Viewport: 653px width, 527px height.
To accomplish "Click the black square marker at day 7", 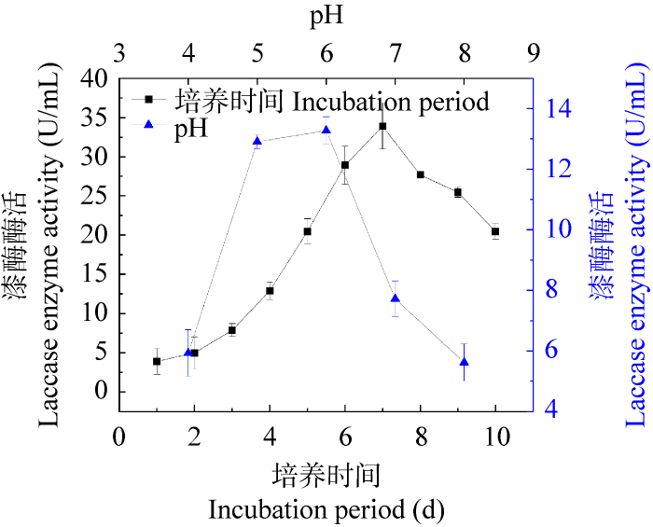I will coord(382,126).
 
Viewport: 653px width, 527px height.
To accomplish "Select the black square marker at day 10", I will coord(495,231).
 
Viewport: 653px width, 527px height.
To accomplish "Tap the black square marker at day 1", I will coord(157,361).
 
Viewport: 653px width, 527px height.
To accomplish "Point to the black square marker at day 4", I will coord(270,291).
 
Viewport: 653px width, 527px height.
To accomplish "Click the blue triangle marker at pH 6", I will coord(326,130).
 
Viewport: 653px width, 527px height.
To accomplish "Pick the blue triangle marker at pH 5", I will coord(257,141).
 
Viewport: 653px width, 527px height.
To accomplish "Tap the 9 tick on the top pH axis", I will coord(534,55).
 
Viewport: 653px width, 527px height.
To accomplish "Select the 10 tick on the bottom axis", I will coord(495,438).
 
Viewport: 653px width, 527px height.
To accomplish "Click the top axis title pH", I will coord(326,19).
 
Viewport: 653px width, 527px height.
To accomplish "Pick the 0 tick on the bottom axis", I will coord(119,438).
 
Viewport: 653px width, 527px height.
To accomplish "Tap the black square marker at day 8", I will coord(421,174).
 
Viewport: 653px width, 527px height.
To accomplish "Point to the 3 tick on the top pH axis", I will coord(119,55).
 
